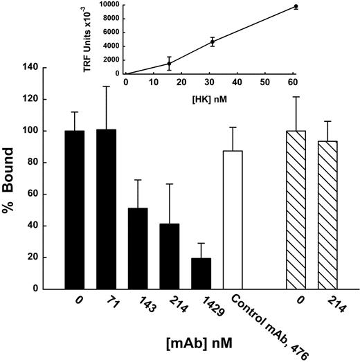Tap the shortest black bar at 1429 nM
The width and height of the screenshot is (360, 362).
pyautogui.click(x=201, y=273)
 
